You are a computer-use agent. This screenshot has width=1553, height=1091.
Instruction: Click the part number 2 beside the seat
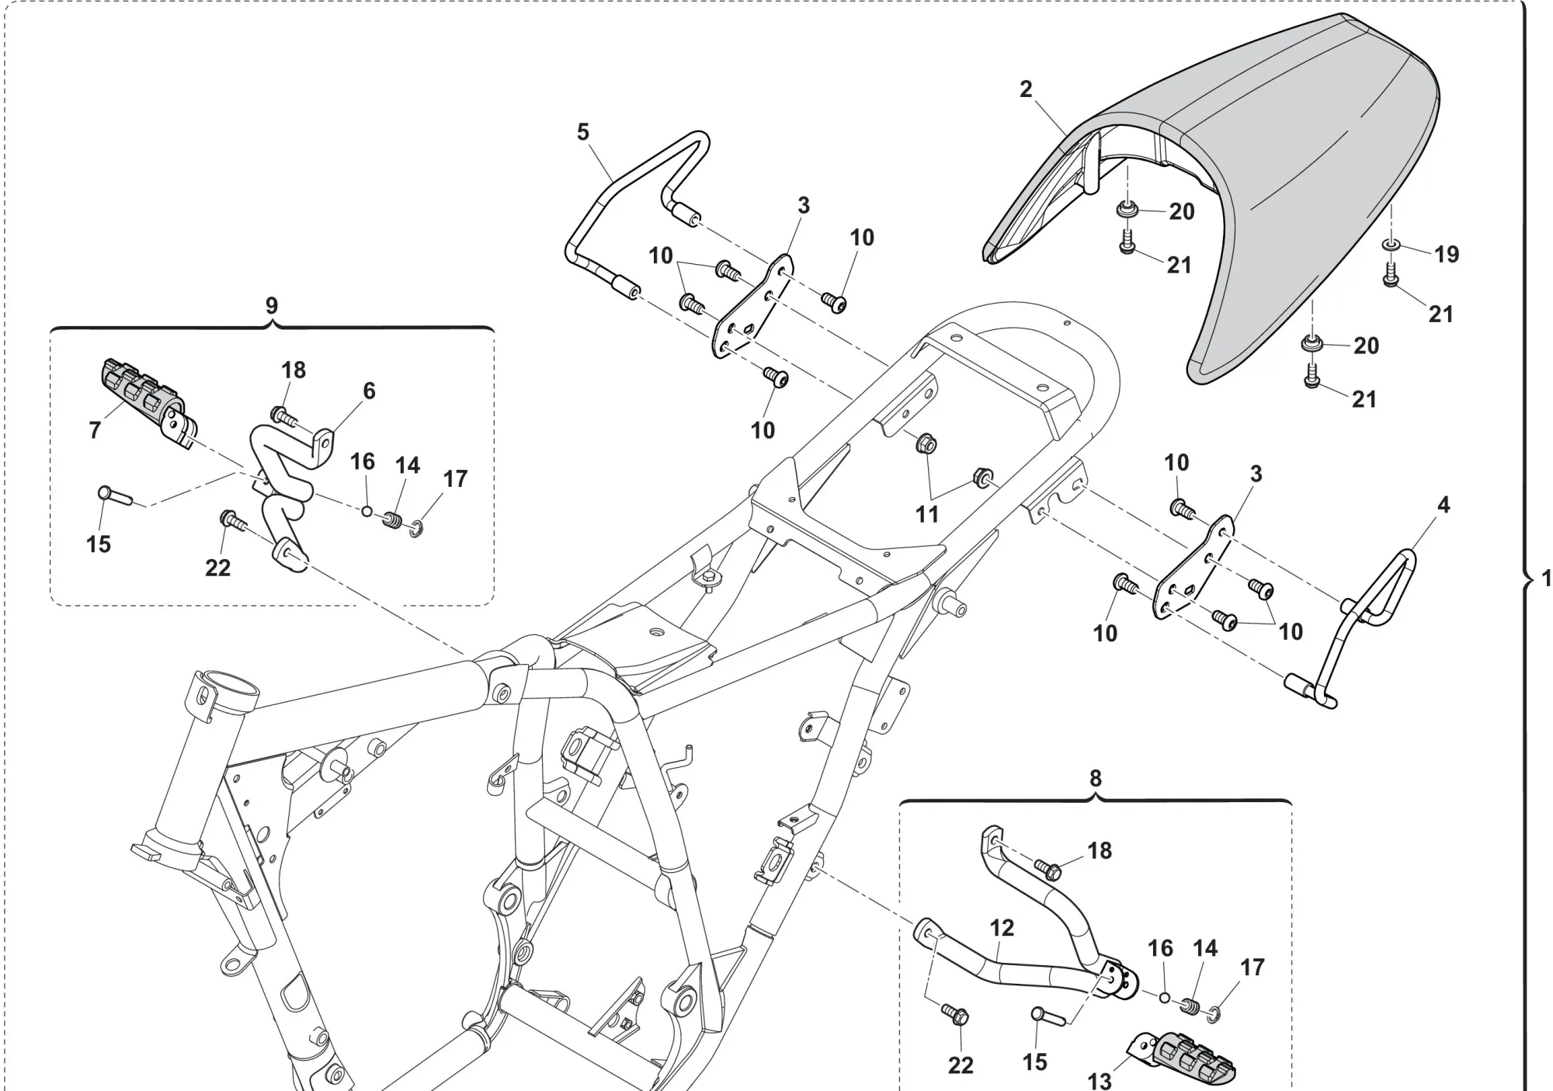(1026, 89)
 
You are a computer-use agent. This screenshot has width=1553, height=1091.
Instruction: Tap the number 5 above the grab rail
(583, 132)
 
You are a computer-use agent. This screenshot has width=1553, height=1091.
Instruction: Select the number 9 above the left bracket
(271, 305)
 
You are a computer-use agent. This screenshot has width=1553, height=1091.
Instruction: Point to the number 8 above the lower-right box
(1095, 778)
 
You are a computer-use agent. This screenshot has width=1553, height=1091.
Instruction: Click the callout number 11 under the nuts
(927, 514)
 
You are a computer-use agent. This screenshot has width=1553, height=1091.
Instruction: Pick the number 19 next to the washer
(1446, 254)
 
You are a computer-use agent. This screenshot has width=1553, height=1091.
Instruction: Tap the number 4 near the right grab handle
(1443, 505)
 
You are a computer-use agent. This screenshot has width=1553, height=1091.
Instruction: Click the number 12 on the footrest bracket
(1002, 928)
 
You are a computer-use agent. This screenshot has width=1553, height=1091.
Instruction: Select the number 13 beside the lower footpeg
(1100, 1080)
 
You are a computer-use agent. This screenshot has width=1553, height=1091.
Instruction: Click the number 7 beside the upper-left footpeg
(95, 429)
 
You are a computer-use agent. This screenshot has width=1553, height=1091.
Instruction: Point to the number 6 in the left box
(369, 391)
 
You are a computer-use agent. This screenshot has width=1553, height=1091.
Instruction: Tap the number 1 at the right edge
(1545, 579)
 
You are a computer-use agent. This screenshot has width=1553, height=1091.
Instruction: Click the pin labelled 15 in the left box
(113, 495)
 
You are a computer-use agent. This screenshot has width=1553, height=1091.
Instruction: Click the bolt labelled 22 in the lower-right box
(954, 1013)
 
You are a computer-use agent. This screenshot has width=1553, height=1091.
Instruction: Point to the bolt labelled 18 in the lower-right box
(1048, 869)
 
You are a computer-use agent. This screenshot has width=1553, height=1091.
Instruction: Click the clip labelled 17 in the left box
(415, 530)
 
